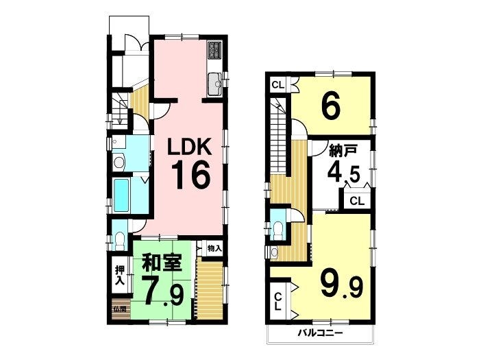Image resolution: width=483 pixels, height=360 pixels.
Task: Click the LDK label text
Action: (189, 147)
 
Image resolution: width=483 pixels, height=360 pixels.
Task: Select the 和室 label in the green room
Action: (162, 263)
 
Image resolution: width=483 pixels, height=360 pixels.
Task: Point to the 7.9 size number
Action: (162, 292)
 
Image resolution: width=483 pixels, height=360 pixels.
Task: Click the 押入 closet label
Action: (119, 275)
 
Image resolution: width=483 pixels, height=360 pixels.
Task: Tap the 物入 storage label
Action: (214, 248)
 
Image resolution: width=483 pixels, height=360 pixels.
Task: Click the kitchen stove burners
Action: (214, 50)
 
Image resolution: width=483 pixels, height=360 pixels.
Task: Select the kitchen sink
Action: (215, 84)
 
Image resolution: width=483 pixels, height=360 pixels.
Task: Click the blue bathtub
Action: (121, 195)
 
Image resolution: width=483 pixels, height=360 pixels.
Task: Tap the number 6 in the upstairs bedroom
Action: (331, 107)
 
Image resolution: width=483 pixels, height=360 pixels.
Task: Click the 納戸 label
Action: (343, 152)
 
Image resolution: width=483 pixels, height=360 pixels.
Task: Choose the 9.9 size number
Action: (342, 285)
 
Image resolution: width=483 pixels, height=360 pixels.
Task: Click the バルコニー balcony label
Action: (320, 333)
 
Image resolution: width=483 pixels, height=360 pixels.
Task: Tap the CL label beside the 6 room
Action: (278, 85)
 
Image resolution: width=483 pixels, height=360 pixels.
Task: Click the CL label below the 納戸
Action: (358, 202)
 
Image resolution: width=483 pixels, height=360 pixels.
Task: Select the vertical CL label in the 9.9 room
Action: (278, 301)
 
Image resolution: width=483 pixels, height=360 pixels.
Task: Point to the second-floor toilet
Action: (277, 228)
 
